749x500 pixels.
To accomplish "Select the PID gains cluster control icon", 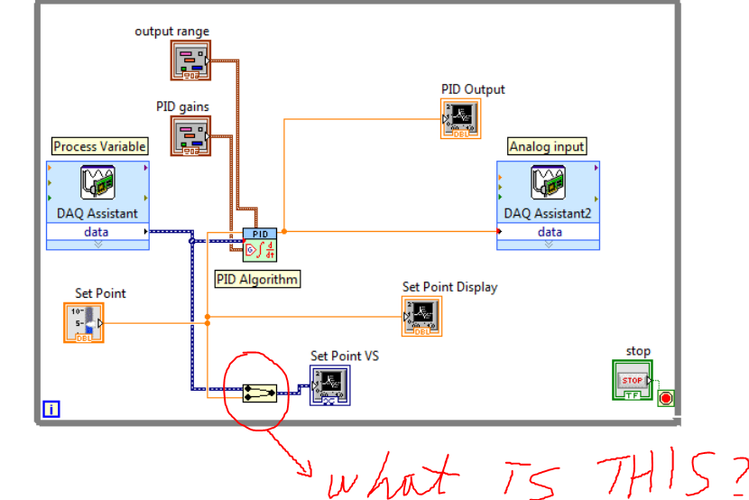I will point(190,136).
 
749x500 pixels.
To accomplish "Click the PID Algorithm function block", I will point(260,245).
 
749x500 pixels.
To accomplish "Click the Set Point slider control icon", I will point(84,322).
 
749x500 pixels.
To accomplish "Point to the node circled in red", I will point(259,393).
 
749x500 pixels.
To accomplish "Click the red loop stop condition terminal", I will point(666,398).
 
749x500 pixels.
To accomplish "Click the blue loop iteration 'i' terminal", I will point(51,410).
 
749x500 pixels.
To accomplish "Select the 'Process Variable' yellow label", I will point(99,146).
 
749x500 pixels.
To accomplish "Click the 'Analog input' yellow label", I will point(547,146).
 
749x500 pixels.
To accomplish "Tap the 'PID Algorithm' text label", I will point(257,279).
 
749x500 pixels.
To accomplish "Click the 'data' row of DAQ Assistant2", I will point(549,232).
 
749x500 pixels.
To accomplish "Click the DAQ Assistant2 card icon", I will point(548,183).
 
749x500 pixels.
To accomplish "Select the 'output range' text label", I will point(171,32).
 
